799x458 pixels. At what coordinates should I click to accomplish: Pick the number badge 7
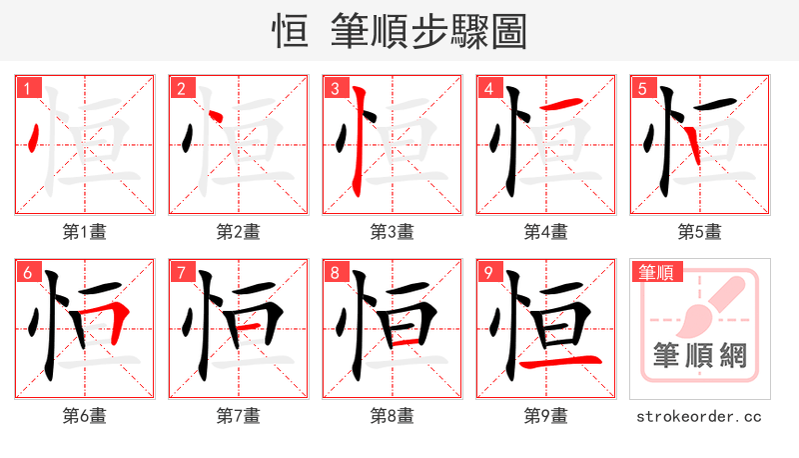click(180, 273)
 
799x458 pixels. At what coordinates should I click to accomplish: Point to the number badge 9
click(487, 273)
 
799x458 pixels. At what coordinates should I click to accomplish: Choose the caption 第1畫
click(85, 231)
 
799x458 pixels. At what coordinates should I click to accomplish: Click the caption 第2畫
click(239, 231)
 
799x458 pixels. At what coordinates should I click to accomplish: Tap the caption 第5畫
click(700, 231)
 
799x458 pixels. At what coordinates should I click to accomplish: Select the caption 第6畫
click(85, 415)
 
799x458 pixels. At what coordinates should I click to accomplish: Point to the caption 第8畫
click(393, 415)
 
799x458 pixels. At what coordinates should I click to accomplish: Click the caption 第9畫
click(546, 415)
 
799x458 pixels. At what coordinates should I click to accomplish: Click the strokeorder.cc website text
click(700, 415)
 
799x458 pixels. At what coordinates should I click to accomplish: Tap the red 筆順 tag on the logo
click(656, 272)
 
